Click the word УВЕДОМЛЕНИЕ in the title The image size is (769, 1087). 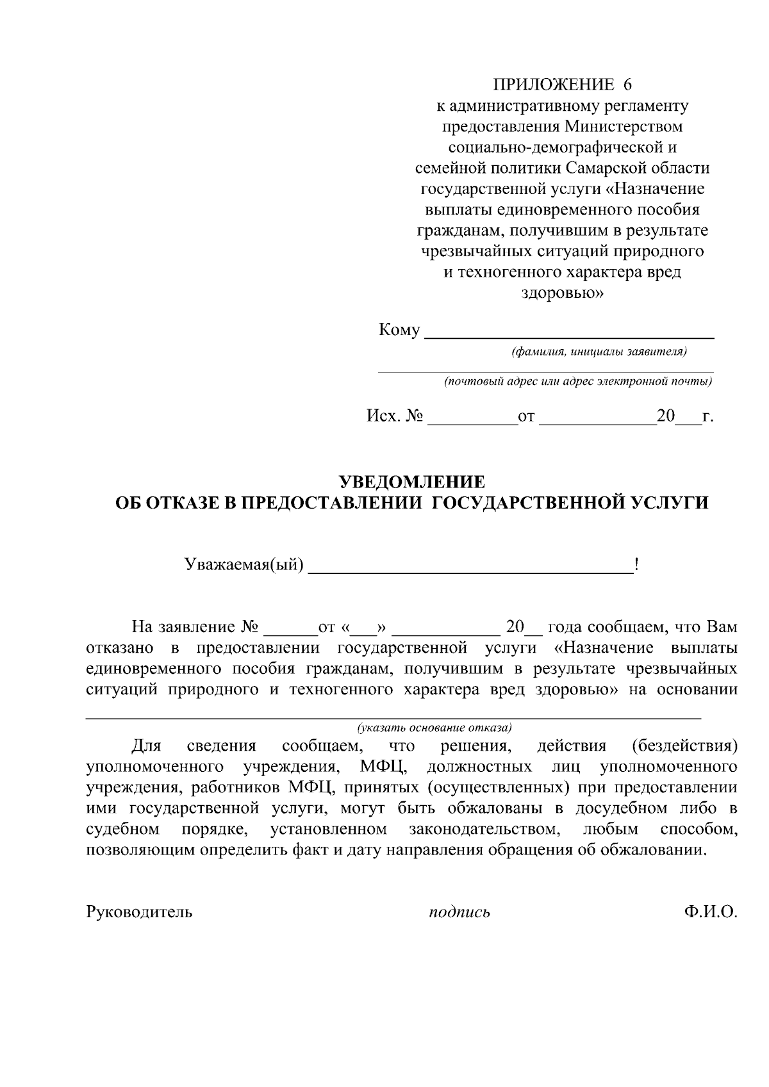click(x=411, y=482)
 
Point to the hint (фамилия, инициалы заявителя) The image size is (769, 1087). click(x=599, y=352)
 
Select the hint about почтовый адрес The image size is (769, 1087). click(x=578, y=382)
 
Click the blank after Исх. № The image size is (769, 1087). click(x=472, y=418)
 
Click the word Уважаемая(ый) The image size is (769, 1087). click(x=244, y=565)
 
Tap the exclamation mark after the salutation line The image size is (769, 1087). click(x=636, y=565)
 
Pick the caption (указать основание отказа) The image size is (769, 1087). click(x=434, y=728)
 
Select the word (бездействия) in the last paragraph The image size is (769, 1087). click(x=684, y=746)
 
